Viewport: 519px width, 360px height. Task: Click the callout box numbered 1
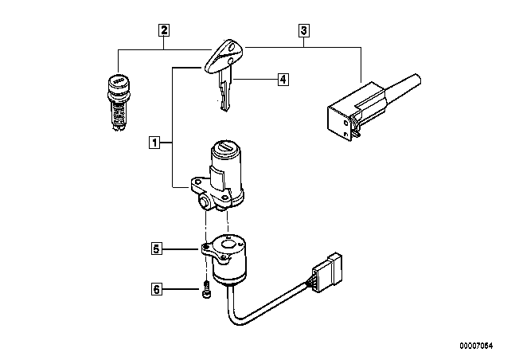(154, 143)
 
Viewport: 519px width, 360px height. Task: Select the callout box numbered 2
(164, 30)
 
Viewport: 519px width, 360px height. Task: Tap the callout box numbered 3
(304, 30)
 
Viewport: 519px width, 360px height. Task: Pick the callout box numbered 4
(283, 80)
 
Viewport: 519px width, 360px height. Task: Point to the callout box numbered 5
(157, 248)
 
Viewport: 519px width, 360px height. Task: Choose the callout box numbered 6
(157, 289)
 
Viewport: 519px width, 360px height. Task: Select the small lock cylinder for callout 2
(119, 102)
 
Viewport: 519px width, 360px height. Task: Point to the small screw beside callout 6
(206, 289)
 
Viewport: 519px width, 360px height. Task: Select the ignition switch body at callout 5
(225, 259)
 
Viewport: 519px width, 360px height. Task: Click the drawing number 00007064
(476, 346)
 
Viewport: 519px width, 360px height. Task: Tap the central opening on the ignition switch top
(228, 245)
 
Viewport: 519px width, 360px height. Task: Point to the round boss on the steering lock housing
(204, 202)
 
